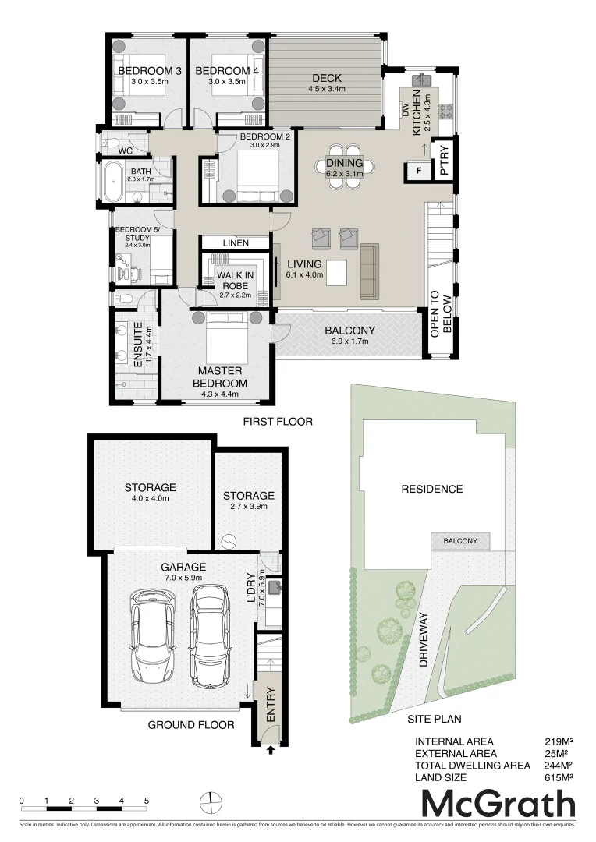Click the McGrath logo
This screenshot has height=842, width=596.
[498, 804]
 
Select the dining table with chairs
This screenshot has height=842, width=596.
[344, 165]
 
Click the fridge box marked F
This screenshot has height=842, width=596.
[418, 171]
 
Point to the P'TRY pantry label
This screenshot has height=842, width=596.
[445, 167]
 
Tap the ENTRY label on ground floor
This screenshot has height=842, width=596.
[271, 704]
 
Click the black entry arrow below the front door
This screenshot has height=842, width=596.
[271, 751]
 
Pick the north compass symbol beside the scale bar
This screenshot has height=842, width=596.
[211, 801]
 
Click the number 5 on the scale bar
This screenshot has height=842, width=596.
[146, 801]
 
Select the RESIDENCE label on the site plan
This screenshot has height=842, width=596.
[431, 490]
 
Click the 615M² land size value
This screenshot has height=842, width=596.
[559, 777]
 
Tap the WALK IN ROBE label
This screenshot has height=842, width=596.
[234, 281]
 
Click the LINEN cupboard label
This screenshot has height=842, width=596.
[235, 243]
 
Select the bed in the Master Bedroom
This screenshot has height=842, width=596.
[226, 337]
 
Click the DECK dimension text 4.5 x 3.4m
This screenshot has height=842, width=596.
[327, 90]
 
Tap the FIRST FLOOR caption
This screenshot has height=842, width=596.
[277, 422]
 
